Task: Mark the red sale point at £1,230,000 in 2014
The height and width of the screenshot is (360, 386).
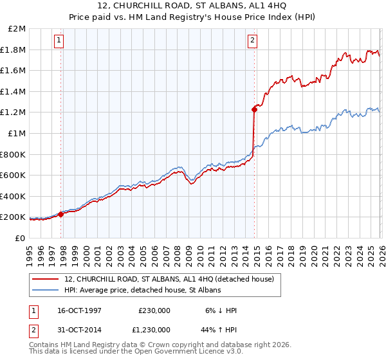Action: pyautogui.click(x=255, y=109)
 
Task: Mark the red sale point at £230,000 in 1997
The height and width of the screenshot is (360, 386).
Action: pyautogui.click(x=61, y=214)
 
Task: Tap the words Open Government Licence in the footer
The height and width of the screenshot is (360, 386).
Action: pyautogui.click(x=184, y=352)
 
